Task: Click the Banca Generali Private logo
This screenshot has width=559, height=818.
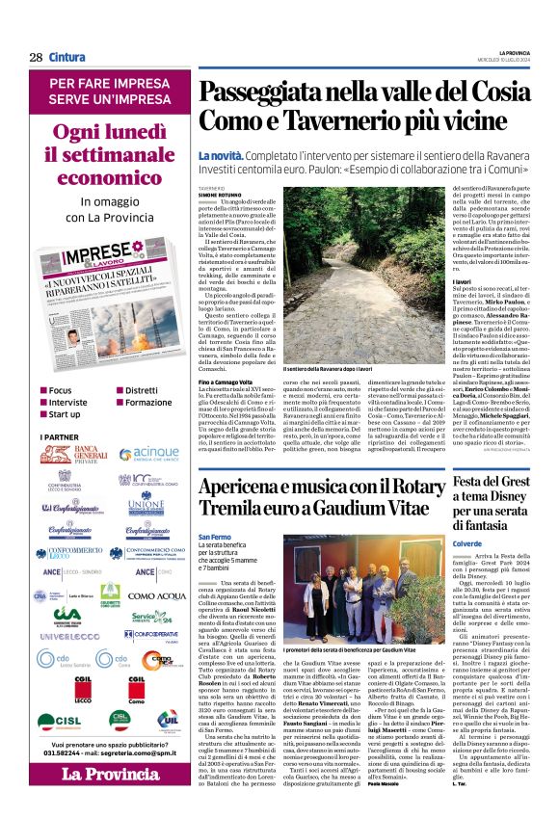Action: point(74,455)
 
